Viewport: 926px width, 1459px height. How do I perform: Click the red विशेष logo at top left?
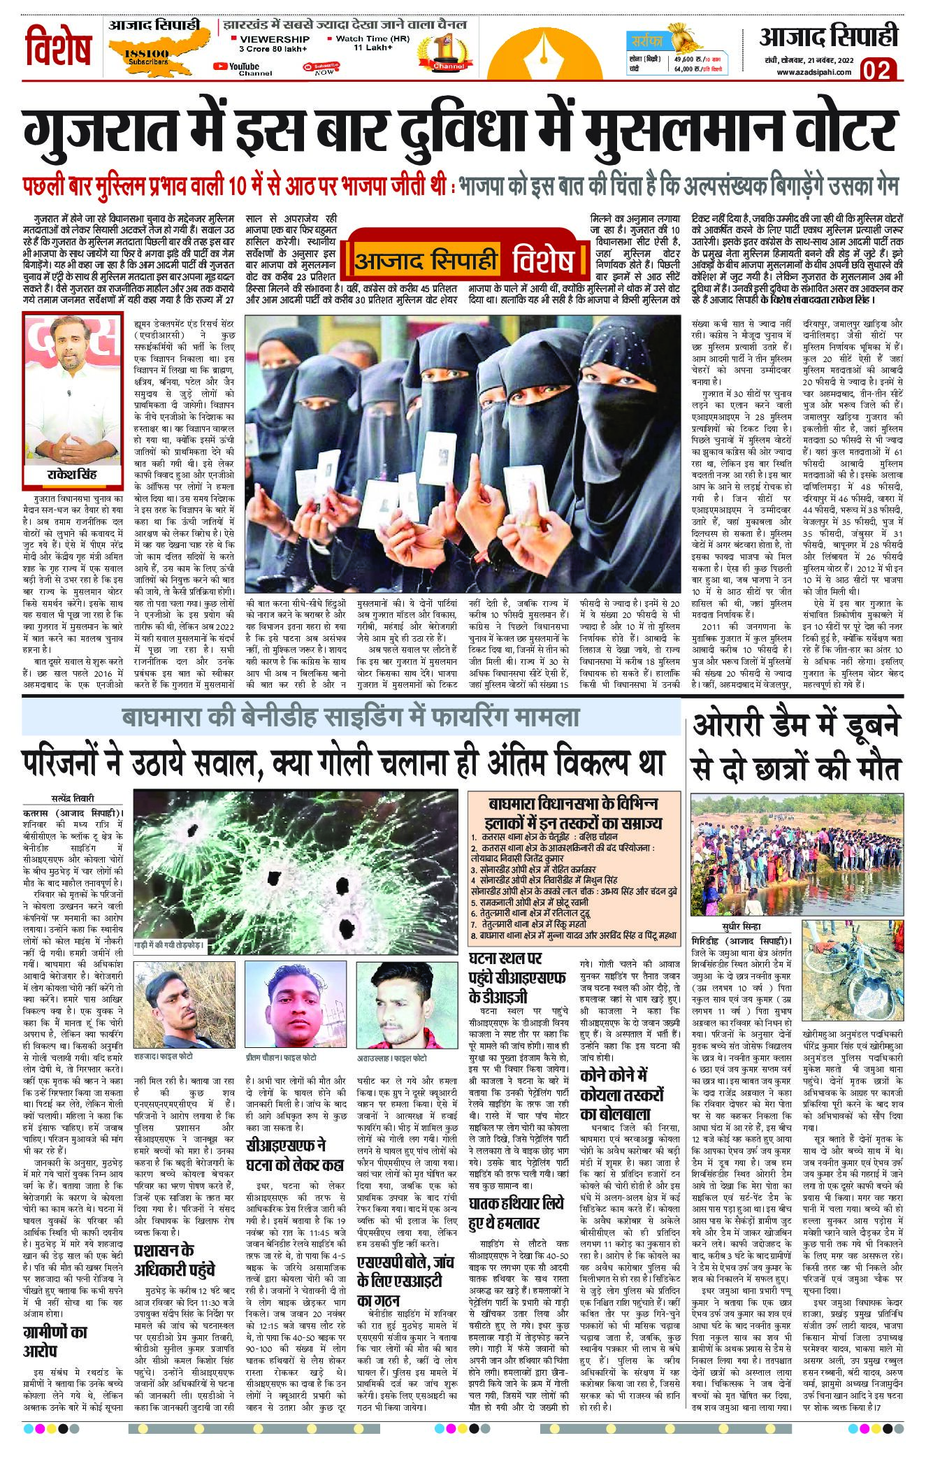point(60,47)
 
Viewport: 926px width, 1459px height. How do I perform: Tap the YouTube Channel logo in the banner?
point(236,67)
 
